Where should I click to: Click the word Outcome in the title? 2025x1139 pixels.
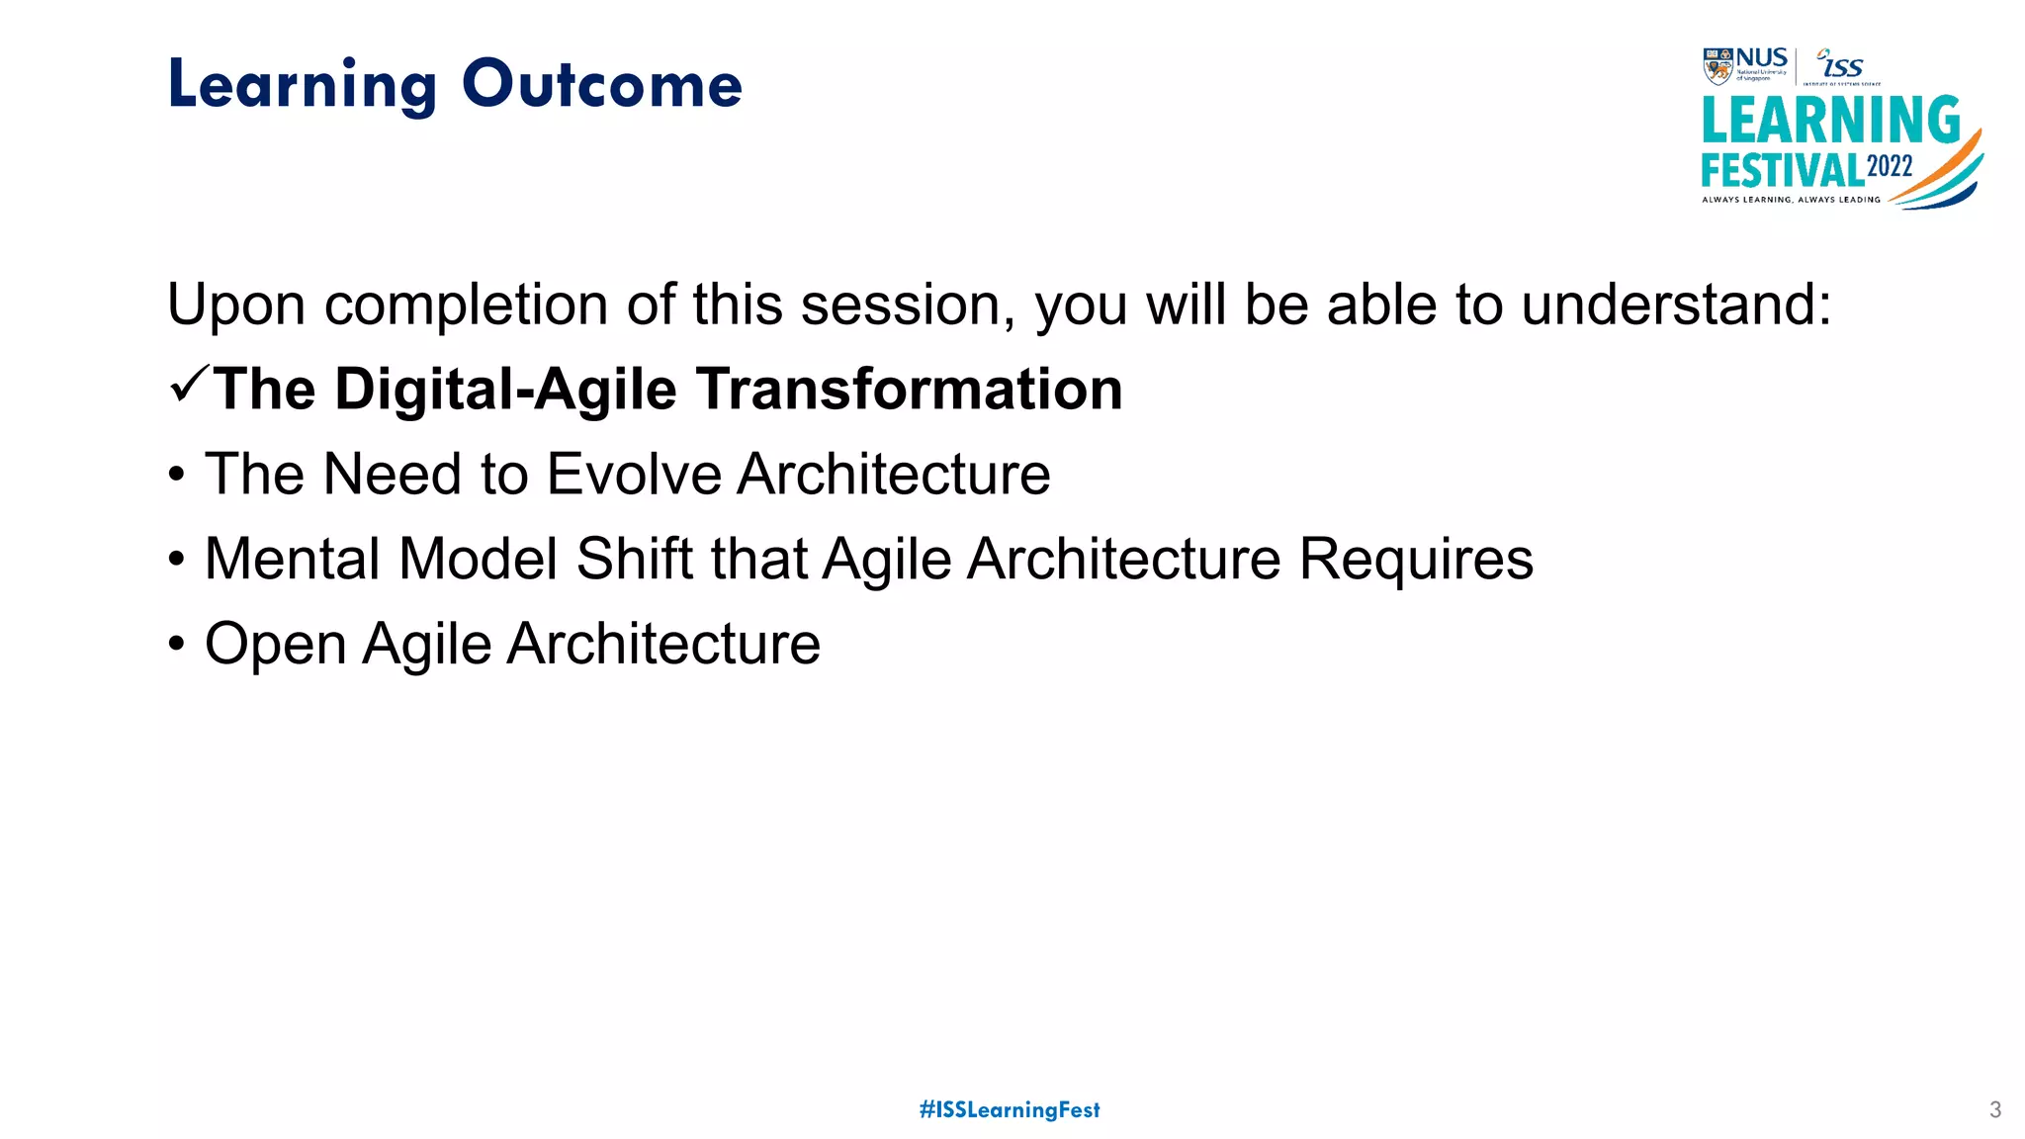tap(601, 85)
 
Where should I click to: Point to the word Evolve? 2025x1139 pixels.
tap(634, 475)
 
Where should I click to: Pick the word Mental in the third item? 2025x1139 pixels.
tap(292, 560)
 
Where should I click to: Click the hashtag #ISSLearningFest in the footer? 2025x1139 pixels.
tap(1010, 1109)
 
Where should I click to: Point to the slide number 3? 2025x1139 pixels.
tap(1994, 1109)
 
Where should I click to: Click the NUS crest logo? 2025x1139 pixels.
tap(1718, 65)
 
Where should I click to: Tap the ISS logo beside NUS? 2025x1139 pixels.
tap(1841, 65)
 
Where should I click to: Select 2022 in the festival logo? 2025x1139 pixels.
tap(1890, 166)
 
